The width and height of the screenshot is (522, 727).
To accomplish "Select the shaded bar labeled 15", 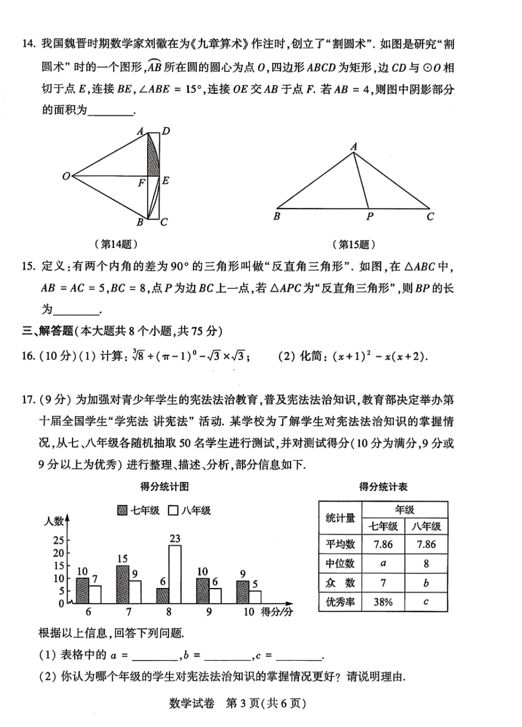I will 123,584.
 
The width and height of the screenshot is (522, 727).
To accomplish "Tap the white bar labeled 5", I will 255,597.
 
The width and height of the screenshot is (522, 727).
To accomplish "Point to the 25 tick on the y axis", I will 59,540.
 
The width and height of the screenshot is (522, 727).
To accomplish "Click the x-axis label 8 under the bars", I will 168,612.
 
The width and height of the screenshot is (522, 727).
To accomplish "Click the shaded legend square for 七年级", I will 123,510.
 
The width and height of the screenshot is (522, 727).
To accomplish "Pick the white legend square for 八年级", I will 173,510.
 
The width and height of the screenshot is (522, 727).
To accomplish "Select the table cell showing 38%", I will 383,602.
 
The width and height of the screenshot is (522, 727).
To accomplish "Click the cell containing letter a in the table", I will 383,564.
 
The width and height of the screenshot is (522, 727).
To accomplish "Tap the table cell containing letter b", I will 426,583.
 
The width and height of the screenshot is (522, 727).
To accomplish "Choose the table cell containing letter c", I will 426,602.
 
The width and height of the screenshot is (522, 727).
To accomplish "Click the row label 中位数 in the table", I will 340,564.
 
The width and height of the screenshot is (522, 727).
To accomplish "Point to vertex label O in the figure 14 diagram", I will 66,176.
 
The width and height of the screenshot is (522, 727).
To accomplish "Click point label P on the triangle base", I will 370,216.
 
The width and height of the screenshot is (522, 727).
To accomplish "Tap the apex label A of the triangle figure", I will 354,147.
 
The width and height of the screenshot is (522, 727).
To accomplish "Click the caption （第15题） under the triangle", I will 354,244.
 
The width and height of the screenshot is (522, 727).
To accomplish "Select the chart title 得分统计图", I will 164,487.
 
